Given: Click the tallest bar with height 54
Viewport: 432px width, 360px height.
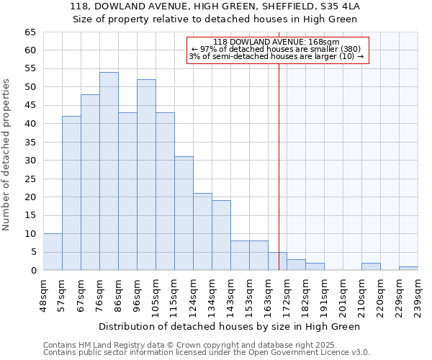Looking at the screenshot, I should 109,171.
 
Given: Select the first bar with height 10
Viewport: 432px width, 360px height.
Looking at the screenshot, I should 53,252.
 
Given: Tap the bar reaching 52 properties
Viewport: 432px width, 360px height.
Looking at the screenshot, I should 146,175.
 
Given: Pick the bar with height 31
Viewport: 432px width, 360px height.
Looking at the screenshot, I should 184,213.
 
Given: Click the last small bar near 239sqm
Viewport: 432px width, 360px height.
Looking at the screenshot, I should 408,269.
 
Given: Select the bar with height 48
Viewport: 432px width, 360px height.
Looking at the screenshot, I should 90,182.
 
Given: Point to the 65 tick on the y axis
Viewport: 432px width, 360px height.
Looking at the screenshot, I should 30,32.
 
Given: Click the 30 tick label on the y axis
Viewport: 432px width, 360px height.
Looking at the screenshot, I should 30,161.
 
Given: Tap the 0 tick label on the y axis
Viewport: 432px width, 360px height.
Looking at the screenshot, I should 32,271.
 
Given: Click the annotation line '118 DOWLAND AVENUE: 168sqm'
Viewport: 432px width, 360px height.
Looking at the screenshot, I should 277,42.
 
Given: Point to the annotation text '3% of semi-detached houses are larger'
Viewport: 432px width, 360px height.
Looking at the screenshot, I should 277,56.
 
